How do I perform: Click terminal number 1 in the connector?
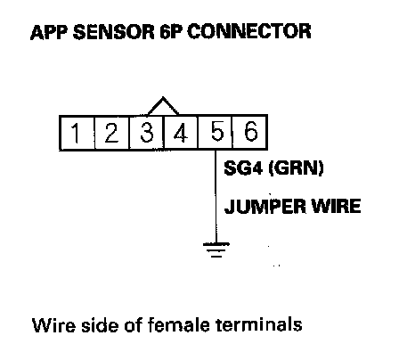(x=77, y=133)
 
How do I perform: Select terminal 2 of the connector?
(x=111, y=133)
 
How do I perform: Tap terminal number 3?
(x=146, y=133)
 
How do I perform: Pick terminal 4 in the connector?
(x=181, y=133)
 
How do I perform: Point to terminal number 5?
(x=215, y=133)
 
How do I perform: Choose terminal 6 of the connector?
(x=249, y=133)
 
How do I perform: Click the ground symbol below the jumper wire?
(x=216, y=250)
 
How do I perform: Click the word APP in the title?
(x=49, y=32)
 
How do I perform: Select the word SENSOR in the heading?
(x=114, y=32)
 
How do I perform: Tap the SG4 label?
(x=243, y=168)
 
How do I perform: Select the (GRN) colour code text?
(x=296, y=168)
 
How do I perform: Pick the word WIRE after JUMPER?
(x=337, y=206)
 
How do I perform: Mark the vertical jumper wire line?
(x=216, y=197)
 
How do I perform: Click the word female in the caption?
(x=179, y=324)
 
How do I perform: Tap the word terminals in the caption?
(x=259, y=324)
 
